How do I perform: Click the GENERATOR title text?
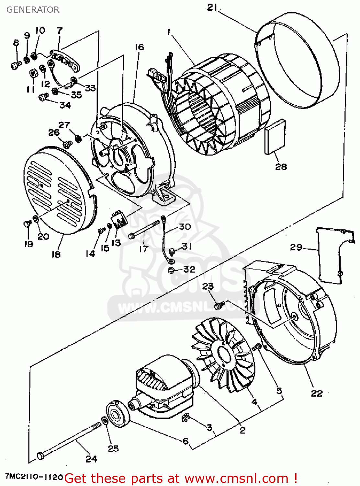tap(33, 10)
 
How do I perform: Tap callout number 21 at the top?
tap(212, 7)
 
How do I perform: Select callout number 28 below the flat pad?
tap(281, 167)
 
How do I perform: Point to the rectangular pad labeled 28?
tap(275, 136)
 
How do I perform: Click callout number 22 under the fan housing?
tap(317, 393)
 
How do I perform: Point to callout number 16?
tap(139, 47)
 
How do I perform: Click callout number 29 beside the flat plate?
tap(296, 247)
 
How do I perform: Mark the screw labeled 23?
tap(219, 305)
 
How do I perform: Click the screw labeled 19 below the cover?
tap(27, 224)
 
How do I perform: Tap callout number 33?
tap(91, 88)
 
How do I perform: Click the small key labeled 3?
tap(186, 418)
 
